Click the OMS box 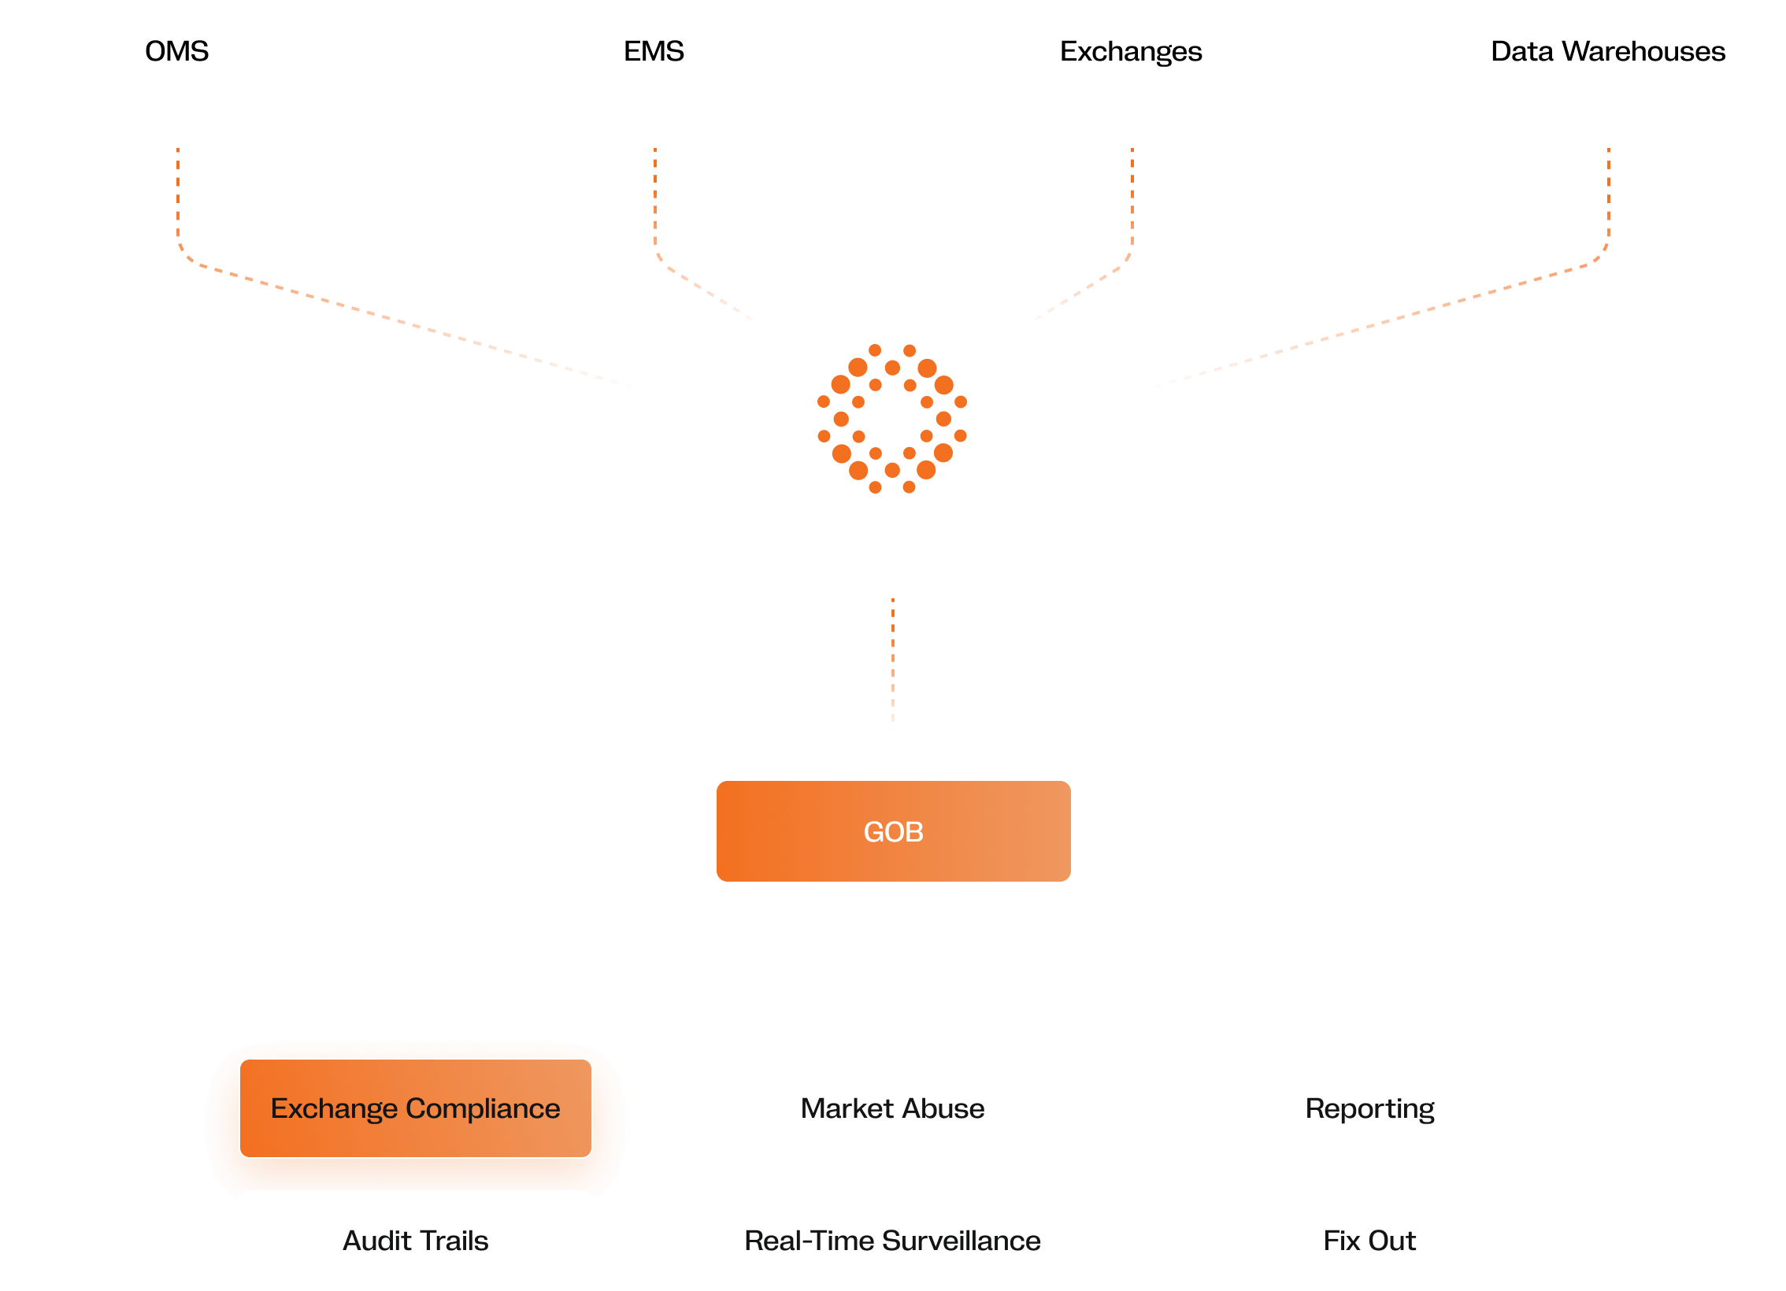176,50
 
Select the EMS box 654,50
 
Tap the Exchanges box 1131,50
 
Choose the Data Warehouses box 1608,50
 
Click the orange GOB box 893,831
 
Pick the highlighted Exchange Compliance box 415,1108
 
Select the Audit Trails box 415,1241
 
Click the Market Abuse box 892,1108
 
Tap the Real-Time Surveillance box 892,1241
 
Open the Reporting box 1369,1108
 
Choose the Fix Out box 1369,1241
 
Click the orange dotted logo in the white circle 892,419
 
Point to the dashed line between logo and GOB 892,665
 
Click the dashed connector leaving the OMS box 178,197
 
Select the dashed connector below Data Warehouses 1608,197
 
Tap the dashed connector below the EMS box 654,197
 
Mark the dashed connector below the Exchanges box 1132,197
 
